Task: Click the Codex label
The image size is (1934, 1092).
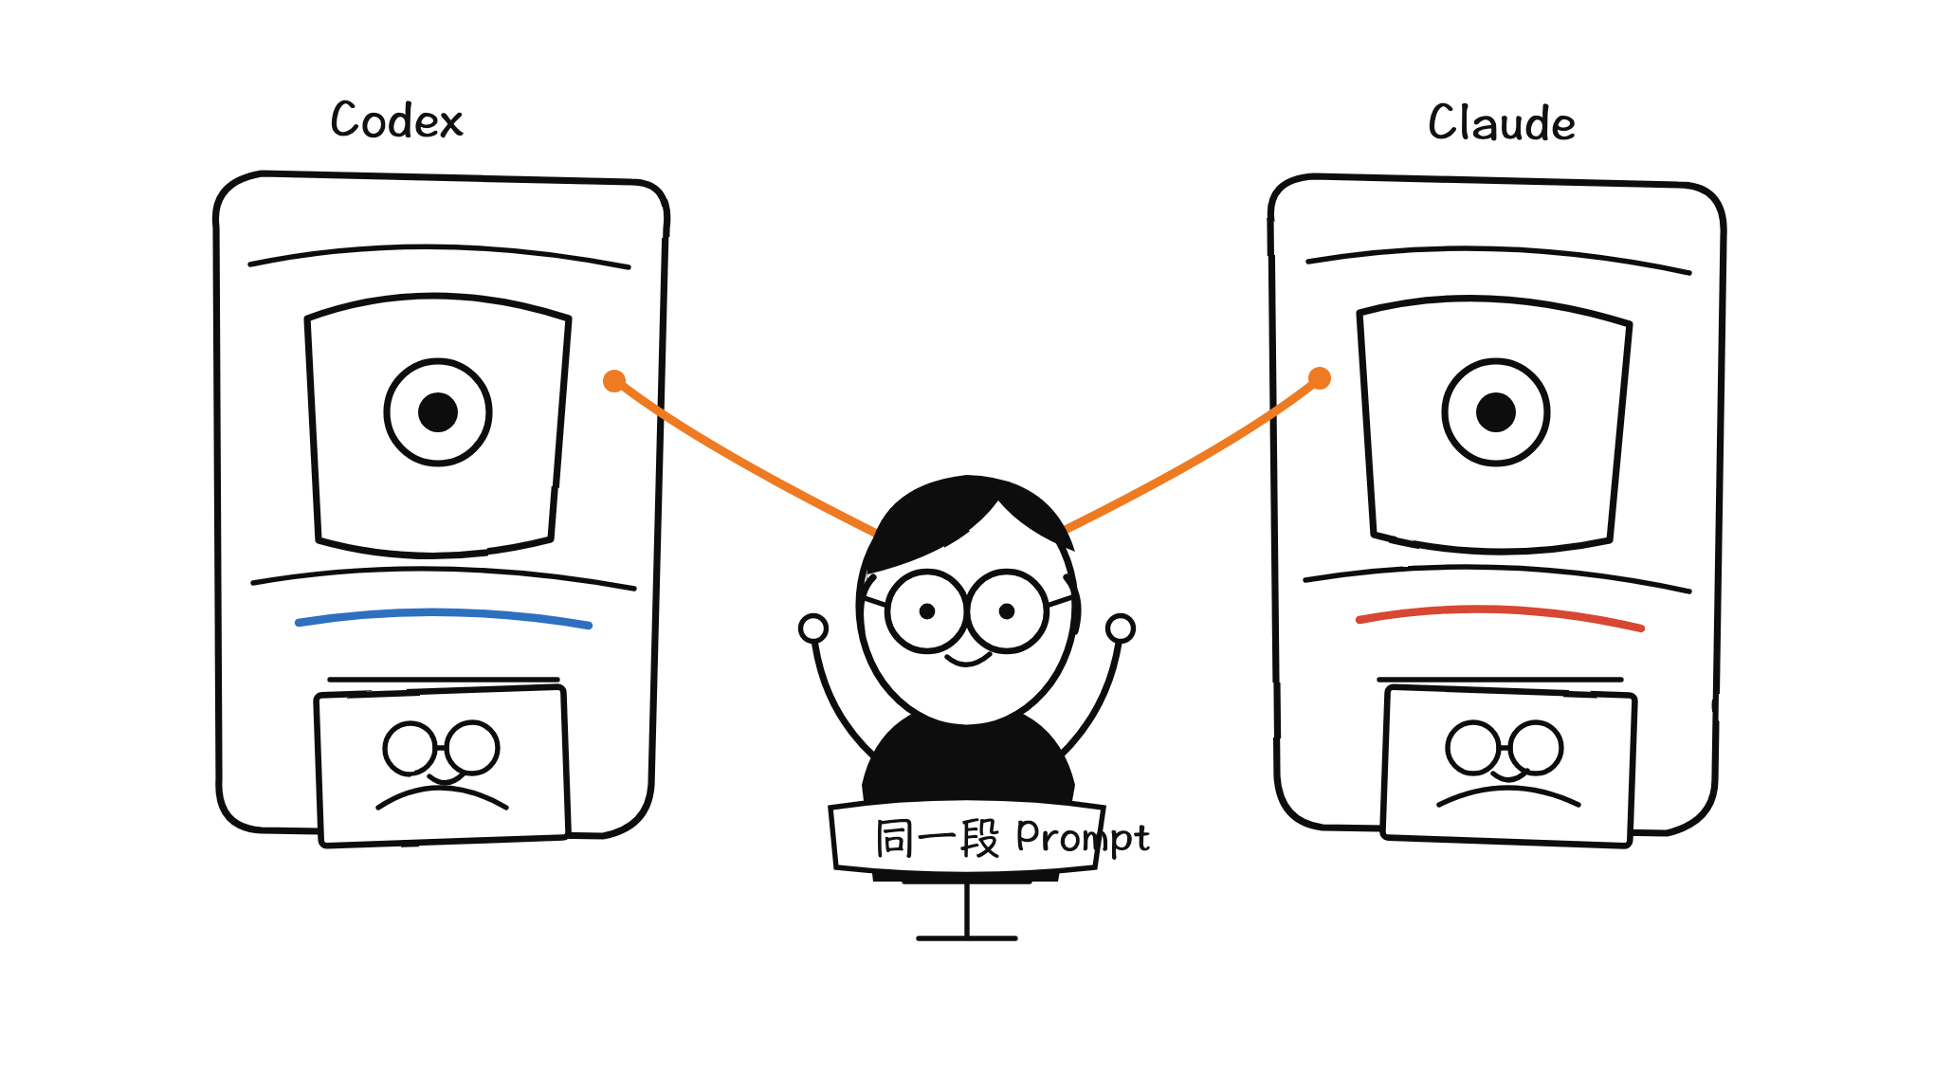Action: click(x=396, y=121)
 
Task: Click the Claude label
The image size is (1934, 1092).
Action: click(x=1502, y=123)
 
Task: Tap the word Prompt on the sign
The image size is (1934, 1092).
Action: click(x=1083, y=838)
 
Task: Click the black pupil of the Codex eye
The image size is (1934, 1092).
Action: click(x=438, y=412)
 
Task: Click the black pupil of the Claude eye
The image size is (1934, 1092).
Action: click(x=1496, y=412)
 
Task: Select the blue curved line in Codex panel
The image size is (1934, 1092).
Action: click(x=444, y=614)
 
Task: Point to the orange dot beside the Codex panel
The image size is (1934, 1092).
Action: click(x=614, y=381)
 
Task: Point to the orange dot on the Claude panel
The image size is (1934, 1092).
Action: click(x=1320, y=379)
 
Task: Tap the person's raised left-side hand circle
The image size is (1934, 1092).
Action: click(x=813, y=628)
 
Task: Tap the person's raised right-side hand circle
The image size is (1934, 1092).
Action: click(x=1121, y=628)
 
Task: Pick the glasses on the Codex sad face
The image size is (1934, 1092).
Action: click(x=441, y=749)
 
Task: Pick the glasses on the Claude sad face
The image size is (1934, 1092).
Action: click(x=1505, y=748)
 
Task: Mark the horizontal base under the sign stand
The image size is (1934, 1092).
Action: click(x=967, y=938)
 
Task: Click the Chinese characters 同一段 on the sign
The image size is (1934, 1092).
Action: click(x=937, y=839)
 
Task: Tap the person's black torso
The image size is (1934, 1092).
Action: click(x=967, y=763)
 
